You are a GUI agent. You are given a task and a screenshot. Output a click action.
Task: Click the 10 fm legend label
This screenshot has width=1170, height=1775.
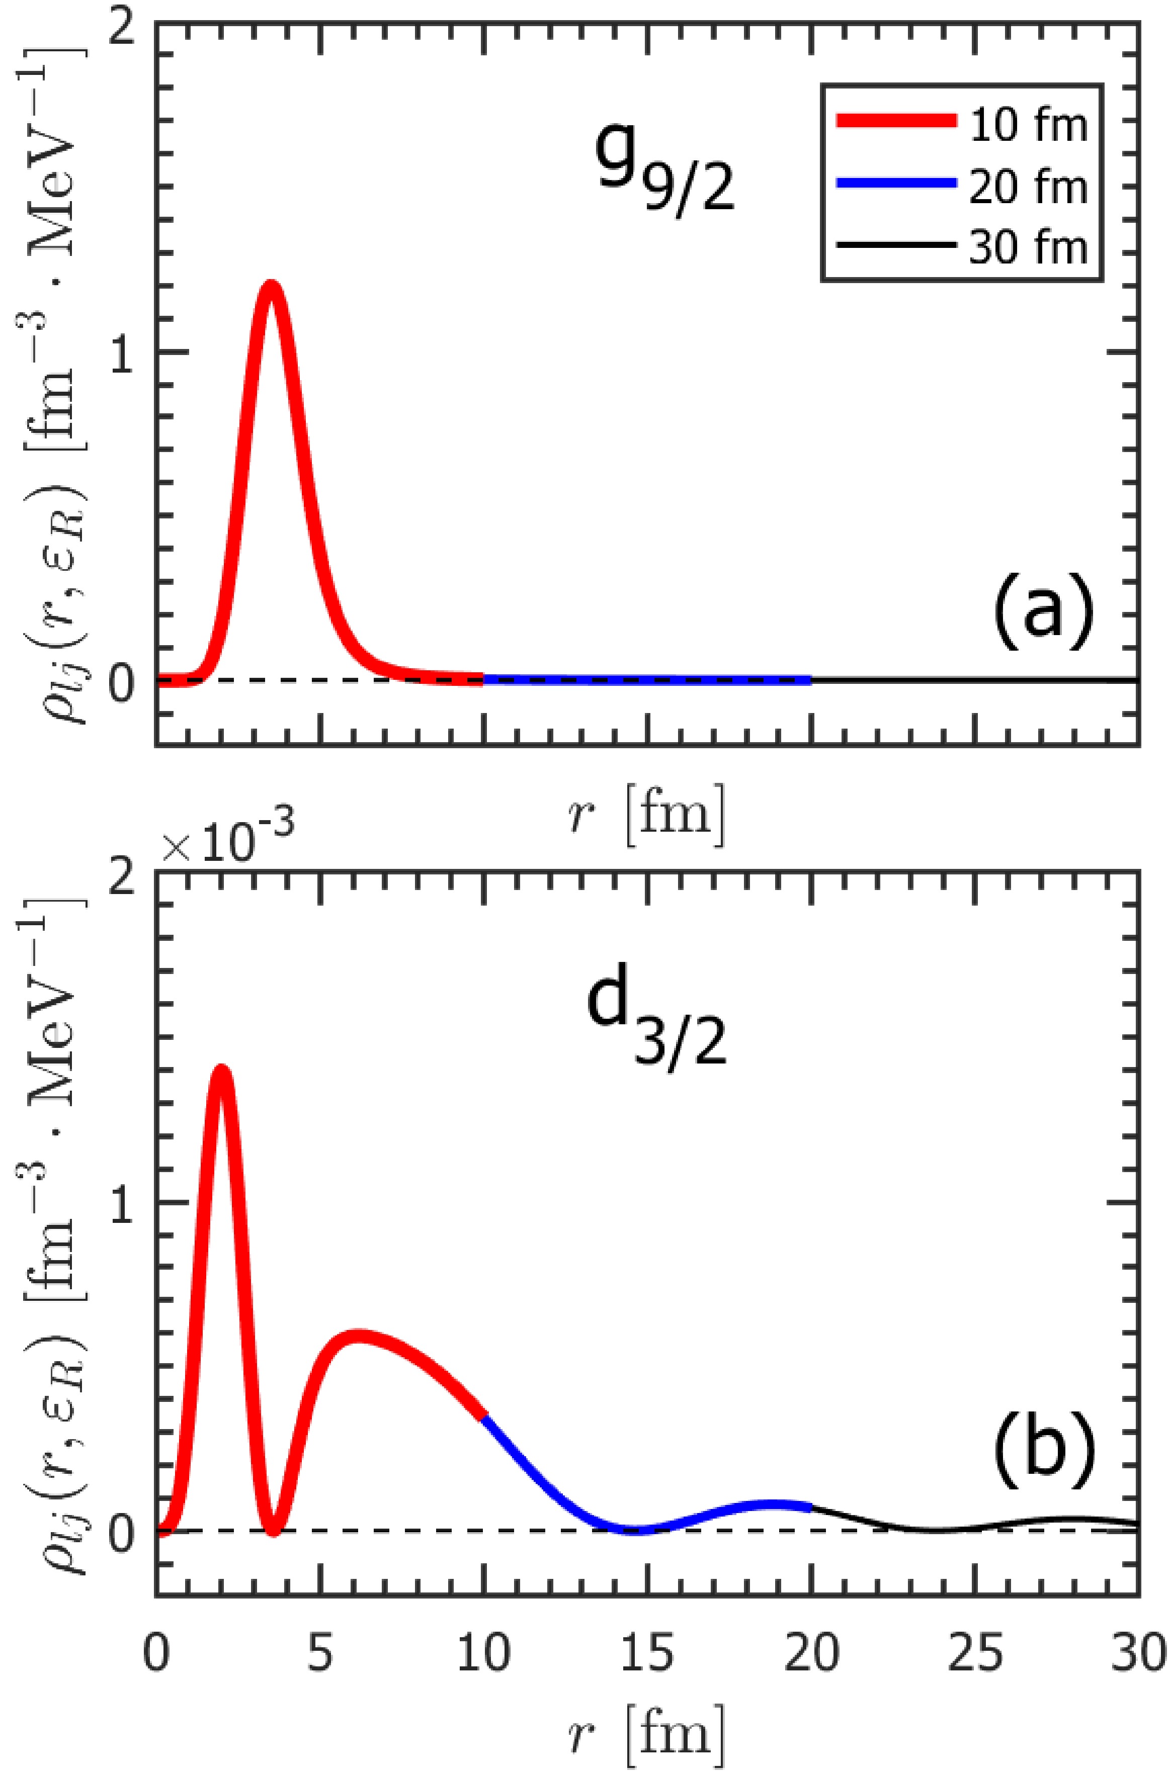point(1028,125)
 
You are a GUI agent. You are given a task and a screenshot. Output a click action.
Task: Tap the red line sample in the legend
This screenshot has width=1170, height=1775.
point(895,122)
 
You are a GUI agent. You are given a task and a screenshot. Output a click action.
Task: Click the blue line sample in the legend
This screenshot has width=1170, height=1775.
point(895,183)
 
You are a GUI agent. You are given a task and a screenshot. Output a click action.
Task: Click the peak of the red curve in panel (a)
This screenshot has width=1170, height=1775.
point(270,287)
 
